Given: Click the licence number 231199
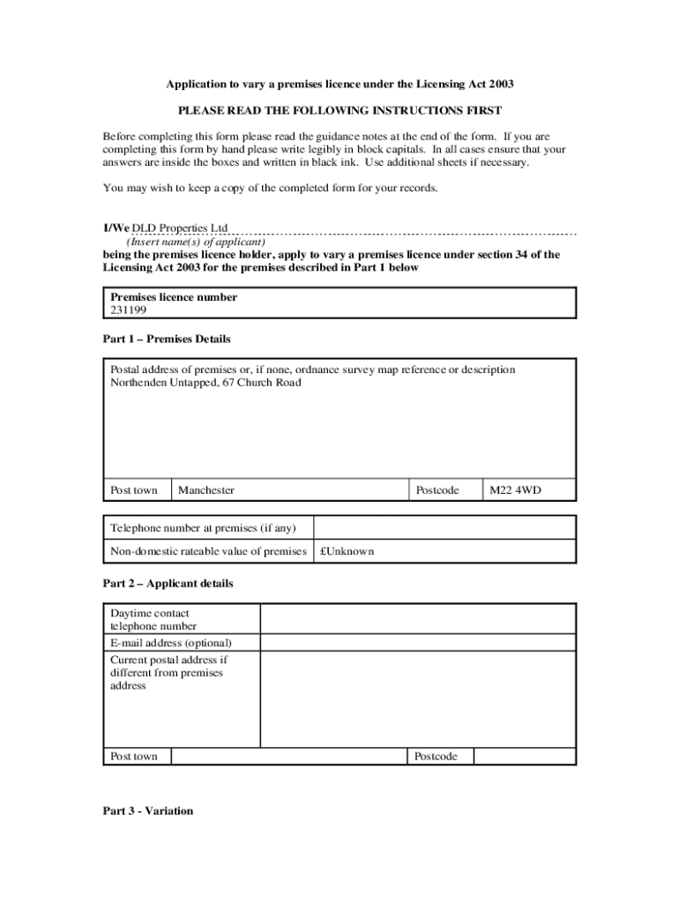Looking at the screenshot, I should coord(129,310).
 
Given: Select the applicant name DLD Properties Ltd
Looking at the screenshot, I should coord(180,228).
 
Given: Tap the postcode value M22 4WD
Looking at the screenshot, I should coord(515,490).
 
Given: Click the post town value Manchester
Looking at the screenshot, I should coord(206,490).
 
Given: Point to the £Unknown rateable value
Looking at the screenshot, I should coord(347,551).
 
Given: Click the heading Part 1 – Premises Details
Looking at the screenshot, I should coord(167,339).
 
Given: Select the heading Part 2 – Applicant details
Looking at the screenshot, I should coord(168,584).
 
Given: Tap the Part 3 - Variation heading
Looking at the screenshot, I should coord(148,811).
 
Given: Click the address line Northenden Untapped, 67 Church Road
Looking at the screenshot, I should coord(205,383).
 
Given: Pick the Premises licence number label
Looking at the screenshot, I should coord(174,297).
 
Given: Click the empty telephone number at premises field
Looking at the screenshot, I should coord(444,527).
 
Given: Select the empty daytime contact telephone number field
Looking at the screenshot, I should coord(418,619).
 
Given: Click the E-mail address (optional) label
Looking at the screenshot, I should coord(171,643).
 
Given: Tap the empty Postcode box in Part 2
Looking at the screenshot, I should coord(524,757).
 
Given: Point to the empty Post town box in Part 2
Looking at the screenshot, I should coord(288,757).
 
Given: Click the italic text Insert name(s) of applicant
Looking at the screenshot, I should coord(196,242).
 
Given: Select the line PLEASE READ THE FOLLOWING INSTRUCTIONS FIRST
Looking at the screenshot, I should coord(339,111).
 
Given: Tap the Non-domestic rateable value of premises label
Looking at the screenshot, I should coord(208,551).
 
